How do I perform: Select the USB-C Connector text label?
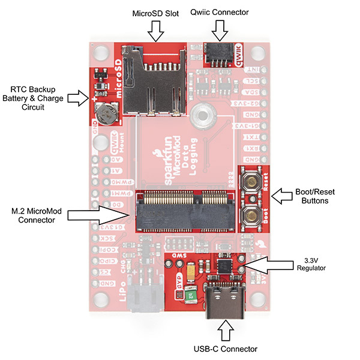pos(226,349)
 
